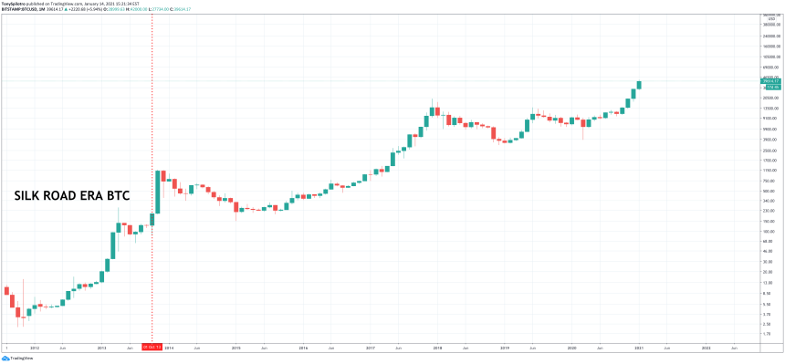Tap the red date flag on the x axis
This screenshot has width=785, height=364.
pos(152,347)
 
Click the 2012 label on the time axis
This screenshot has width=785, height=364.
pos(34,347)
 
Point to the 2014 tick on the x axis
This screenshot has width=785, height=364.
pos(169,347)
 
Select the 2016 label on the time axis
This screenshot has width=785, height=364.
pos(303,347)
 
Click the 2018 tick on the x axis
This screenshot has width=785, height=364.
pos(437,347)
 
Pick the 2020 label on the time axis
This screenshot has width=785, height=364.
pos(571,347)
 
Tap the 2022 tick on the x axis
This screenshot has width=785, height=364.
pos(706,347)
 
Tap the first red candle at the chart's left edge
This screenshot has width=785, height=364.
pos(6,291)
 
